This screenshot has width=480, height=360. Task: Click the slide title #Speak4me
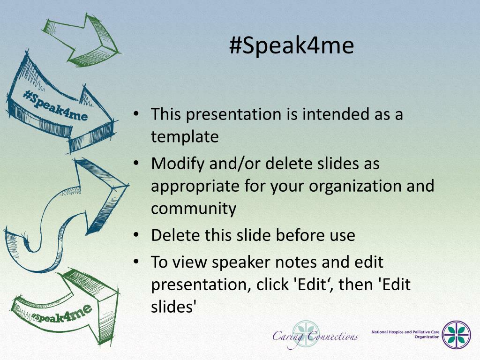pos(292,46)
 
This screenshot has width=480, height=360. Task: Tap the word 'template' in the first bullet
pos(185,137)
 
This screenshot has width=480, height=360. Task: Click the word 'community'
pos(194,209)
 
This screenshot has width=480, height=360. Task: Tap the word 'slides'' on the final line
pos(173,307)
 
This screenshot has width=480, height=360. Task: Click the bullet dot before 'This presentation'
pos(136,114)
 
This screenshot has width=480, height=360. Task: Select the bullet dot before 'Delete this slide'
pos(136,235)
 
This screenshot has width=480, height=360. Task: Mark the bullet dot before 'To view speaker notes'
pos(136,262)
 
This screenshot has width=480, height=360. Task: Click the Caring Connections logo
pos(315,336)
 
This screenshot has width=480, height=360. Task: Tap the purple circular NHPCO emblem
pos(457,335)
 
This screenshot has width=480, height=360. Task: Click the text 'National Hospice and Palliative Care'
pos(405,332)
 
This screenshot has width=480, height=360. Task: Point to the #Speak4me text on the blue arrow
pos(55,105)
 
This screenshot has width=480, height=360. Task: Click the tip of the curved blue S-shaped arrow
pos(128,185)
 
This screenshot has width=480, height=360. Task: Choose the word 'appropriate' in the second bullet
pos(195,187)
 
